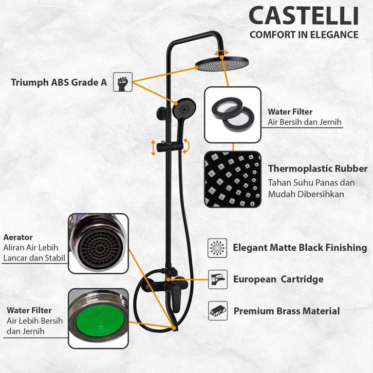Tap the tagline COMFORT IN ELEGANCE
304,35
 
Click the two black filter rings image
232,114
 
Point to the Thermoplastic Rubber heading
318,169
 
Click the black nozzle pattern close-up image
232,179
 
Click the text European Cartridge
278,279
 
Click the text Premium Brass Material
287,311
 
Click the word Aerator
18,237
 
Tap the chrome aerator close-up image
98,243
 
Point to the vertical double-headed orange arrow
153,147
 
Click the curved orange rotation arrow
186,145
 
